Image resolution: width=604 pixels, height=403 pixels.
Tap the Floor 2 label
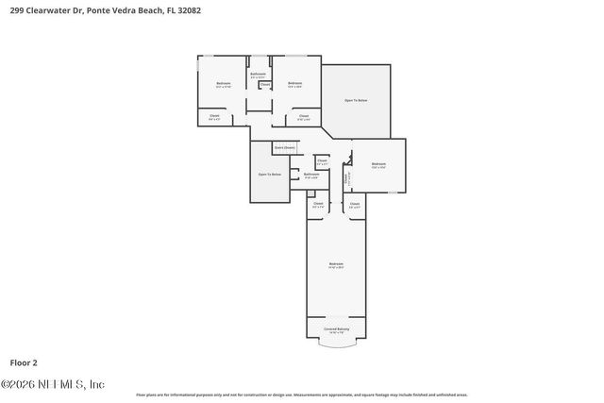pyautogui.click(x=25, y=361)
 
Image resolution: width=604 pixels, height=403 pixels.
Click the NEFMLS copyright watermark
pyautogui.click(x=53, y=384)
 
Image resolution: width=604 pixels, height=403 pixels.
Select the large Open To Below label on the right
pyautogui.click(x=356, y=100)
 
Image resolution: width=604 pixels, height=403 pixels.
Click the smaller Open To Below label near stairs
pyautogui.click(x=270, y=175)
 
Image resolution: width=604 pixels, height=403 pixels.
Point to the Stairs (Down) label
pyautogui.click(x=284, y=147)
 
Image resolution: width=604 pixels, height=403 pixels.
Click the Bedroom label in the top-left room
pyautogui.click(x=224, y=84)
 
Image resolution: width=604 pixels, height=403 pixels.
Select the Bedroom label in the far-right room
pyautogui.click(x=378, y=164)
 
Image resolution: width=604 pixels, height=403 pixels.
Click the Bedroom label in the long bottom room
pyautogui.click(x=335, y=263)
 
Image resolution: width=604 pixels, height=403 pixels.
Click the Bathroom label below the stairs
pyautogui.click(x=311, y=174)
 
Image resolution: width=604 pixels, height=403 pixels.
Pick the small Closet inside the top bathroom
pyautogui.click(x=265, y=85)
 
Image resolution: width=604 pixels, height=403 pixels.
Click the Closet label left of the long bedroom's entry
pyautogui.click(x=318, y=204)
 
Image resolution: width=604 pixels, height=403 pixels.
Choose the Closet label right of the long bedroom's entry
pyautogui.click(x=354, y=204)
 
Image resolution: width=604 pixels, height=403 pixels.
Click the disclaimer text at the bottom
pyautogui.click(x=302, y=395)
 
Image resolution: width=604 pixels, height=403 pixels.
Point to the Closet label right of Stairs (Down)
pyautogui.click(x=322, y=161)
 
